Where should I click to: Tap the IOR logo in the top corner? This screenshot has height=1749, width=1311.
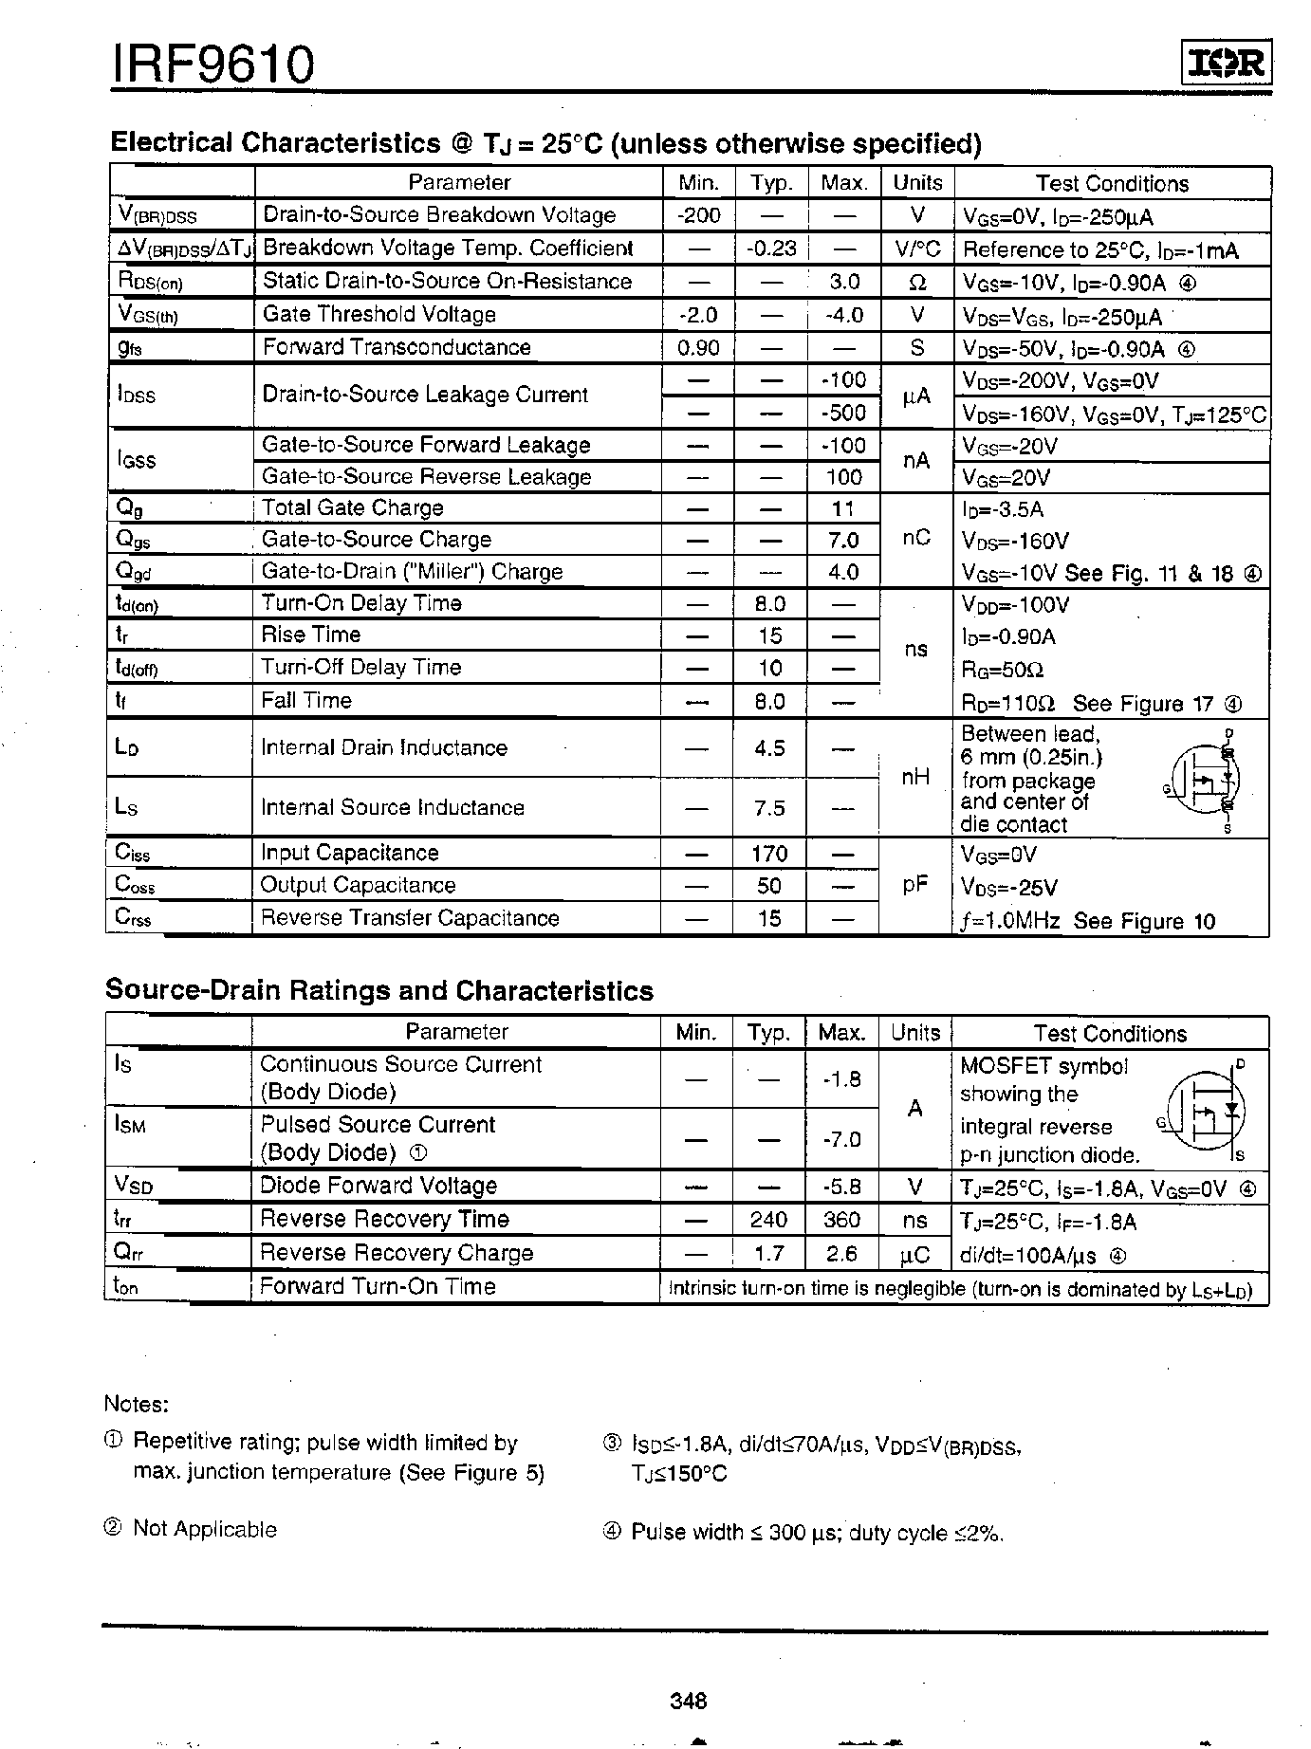(x=1226, y=64)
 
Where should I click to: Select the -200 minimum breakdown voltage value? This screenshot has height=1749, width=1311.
(x=698, y=215)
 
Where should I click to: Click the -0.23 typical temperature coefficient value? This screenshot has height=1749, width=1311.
(x=769, y=249)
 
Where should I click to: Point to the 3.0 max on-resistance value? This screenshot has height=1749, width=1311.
(x=843, y=282)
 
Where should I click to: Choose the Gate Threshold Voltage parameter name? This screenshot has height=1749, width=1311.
(x=379, y=314)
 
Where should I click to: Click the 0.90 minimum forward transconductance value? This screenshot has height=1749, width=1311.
(x=698, y=347)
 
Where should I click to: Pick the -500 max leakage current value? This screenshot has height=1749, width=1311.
(x=843, y=413)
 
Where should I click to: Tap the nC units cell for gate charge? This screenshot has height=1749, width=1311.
(x=915, y=538)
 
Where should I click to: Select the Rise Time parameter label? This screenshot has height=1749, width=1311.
(x=311, y=635)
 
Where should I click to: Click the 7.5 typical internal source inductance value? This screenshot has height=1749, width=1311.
(x=769, y=807)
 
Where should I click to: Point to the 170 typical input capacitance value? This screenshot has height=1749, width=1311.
(x=769, y=854)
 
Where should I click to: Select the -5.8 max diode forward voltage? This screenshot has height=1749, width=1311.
(x=841, y=1186)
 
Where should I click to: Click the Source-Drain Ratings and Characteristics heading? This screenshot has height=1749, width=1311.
(x=379, y=990)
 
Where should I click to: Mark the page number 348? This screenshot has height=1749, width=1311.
(x=688, y=1702)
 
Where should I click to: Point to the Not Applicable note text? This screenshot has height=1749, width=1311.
(x=205, y=1529)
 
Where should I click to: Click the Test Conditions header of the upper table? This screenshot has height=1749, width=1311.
(x=1112, y=183)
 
